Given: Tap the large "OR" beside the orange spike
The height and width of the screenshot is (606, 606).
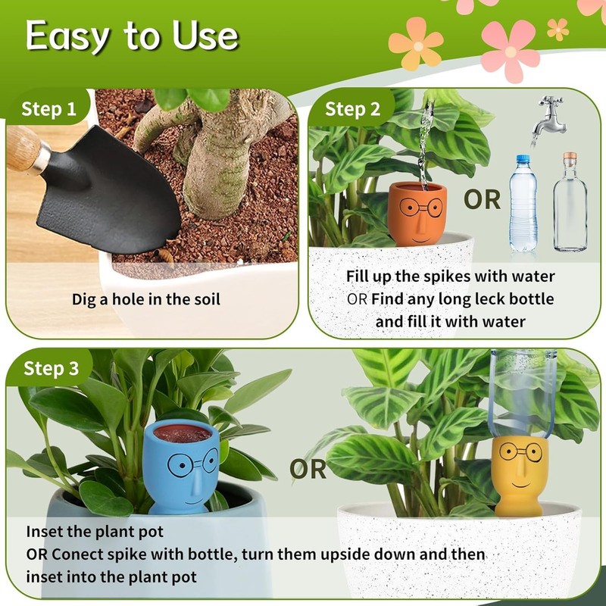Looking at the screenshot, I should (x=483, y=199).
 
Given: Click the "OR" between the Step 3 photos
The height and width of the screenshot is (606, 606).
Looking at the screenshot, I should (x=309, y=470).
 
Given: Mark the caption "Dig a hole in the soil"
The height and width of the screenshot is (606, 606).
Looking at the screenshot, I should (x=146, y=299).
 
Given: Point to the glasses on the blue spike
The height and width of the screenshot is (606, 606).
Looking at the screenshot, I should (x=182, y=462).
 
